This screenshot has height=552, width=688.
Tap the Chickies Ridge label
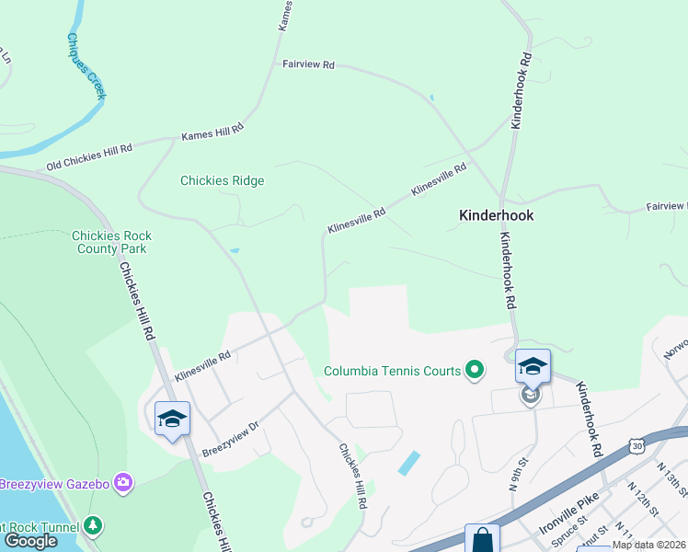coord(222,180)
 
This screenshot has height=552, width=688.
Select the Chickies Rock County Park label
coord(111,242)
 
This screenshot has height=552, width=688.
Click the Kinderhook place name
coord(496,215)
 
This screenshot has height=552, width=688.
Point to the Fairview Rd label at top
coord(308,65)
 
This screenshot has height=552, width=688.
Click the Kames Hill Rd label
coord(212,132)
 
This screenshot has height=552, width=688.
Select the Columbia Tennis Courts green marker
coord(475,371)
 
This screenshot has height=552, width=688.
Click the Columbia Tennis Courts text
coord(392,372)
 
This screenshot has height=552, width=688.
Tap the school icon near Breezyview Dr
coord(172,420)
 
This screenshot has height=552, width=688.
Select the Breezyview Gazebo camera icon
coord(123,483)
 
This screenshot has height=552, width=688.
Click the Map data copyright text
coord(648,545)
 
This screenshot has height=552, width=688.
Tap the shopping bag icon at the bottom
coord(482,540)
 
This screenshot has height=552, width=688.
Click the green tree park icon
coord(92,525)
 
